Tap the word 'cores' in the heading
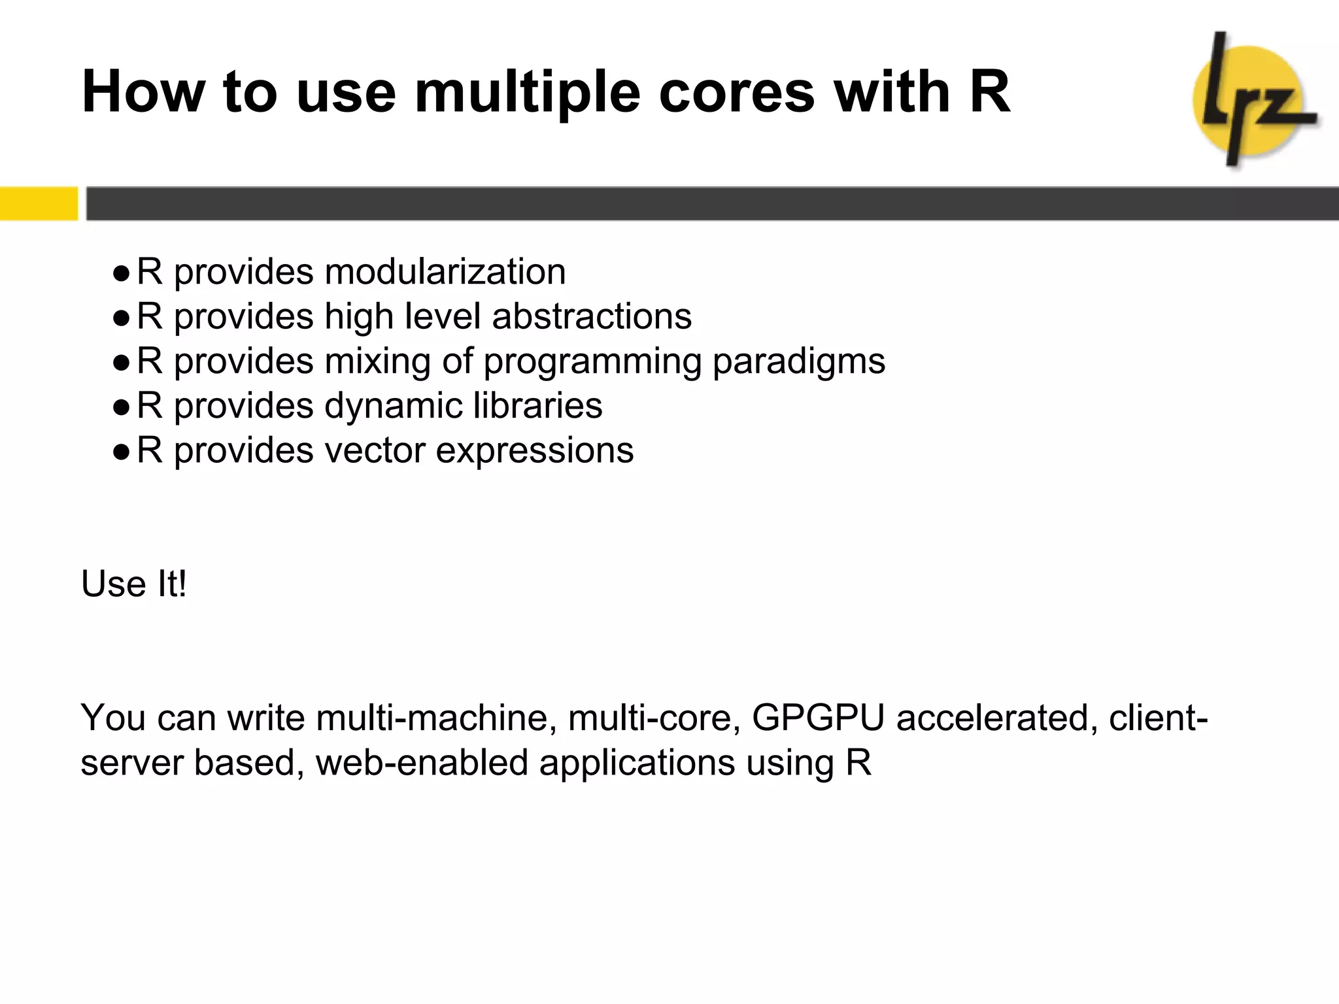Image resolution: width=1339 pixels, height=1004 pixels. (737, 92)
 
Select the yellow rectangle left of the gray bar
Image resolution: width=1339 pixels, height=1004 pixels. (39, 203)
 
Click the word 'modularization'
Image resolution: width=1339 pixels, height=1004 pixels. (445, 271)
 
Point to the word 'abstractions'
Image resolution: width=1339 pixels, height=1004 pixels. (591, 316)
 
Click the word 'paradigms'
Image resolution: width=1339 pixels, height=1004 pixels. (798, 361)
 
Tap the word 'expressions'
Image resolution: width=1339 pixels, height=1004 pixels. (534, 451)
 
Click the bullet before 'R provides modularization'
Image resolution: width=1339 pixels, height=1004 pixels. (121, 273)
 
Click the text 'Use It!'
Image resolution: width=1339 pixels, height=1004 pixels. (134, 584)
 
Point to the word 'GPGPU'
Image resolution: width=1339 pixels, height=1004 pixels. (818, 718)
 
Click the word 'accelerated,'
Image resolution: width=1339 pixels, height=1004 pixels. (997, 718)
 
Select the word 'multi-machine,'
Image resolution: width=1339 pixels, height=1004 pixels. (436, 718)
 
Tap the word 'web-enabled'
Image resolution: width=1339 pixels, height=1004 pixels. (422, 763)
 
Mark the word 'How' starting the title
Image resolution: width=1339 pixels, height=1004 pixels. (143, 92)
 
